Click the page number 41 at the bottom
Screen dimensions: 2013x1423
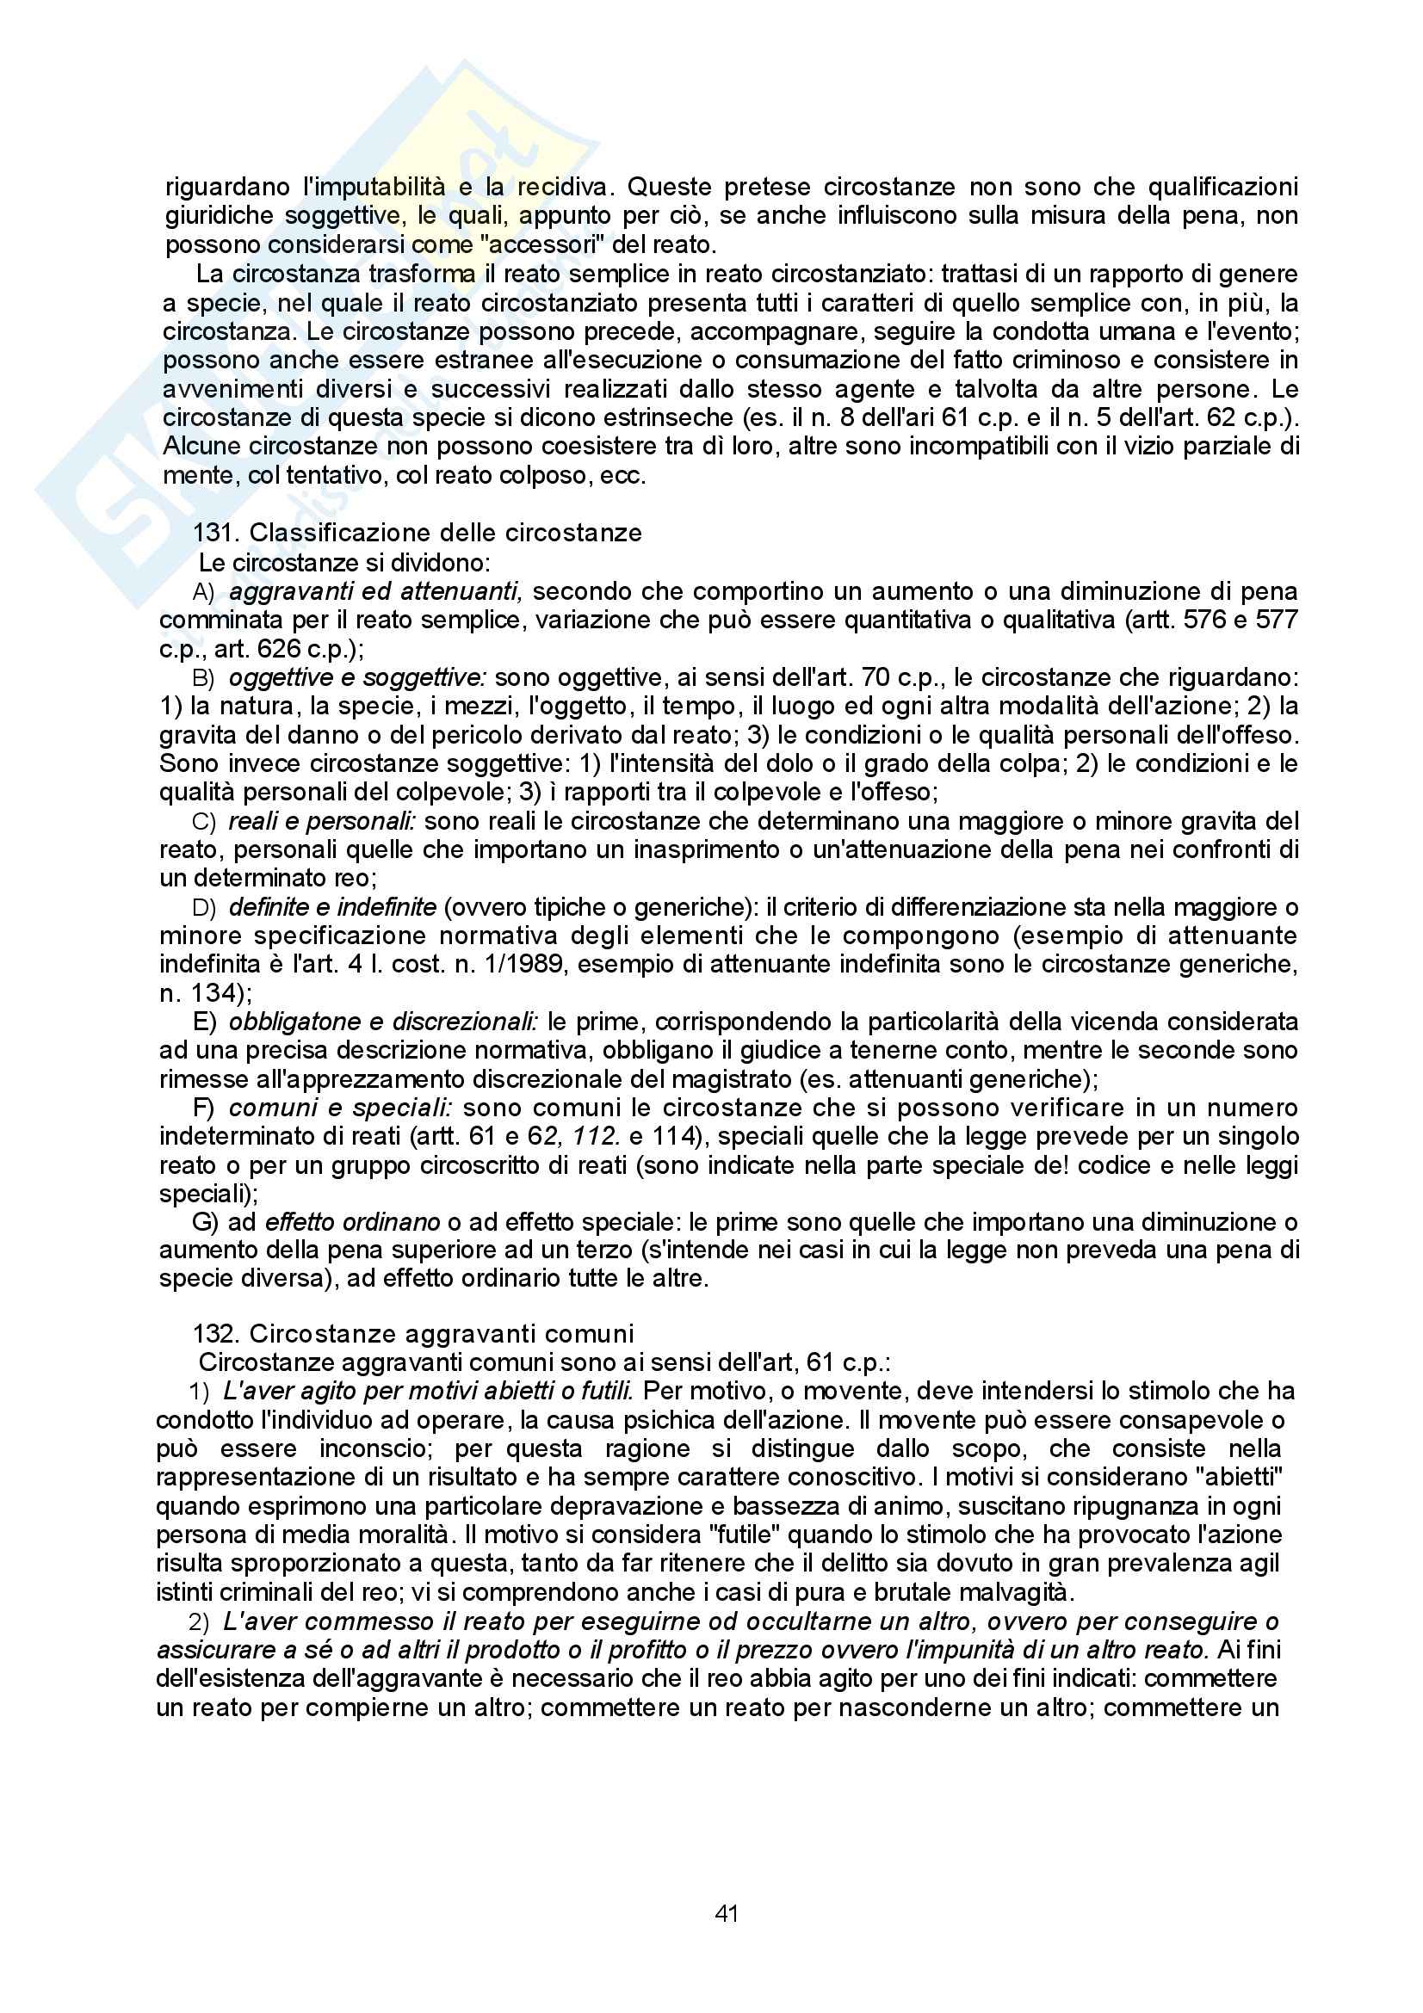(727, 1913)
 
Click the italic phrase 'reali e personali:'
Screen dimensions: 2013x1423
(322, 821)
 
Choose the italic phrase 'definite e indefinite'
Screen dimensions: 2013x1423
(332, 906)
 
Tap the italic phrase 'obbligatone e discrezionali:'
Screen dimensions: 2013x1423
(383, 1022)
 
